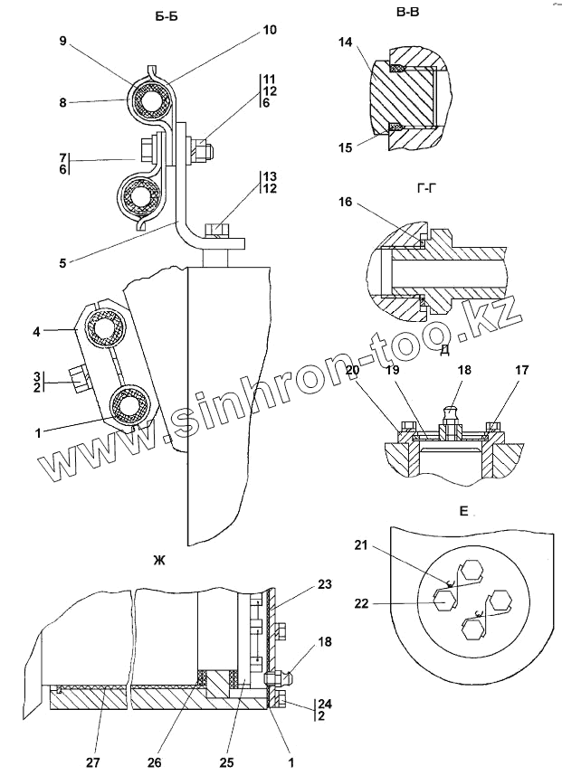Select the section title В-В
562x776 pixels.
click(408, 13)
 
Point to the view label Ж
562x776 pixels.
click(159, 563)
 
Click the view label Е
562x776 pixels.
click(462, 512)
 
